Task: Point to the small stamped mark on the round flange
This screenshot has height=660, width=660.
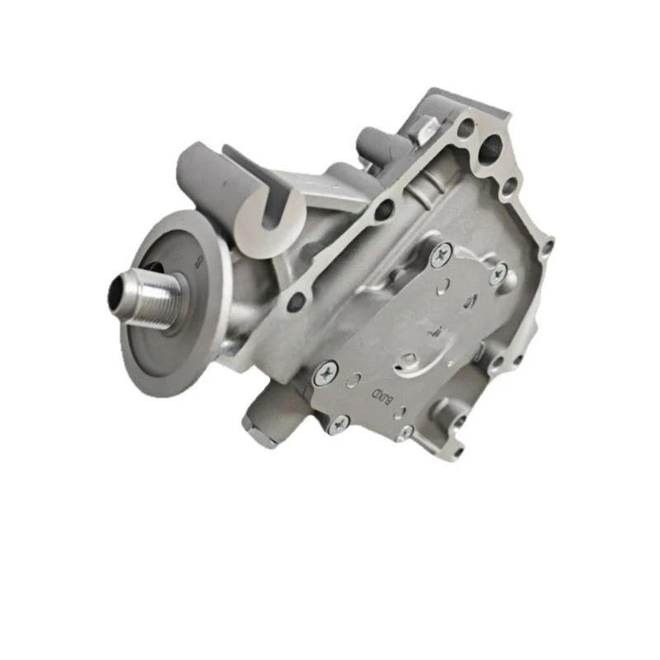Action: pyautogui.click(x=198, y=262)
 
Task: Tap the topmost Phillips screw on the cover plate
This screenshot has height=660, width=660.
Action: pyautogui.click(x=442, y=255)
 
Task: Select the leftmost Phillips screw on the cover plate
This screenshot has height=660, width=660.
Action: pyautogui.click(x=327, y=376)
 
